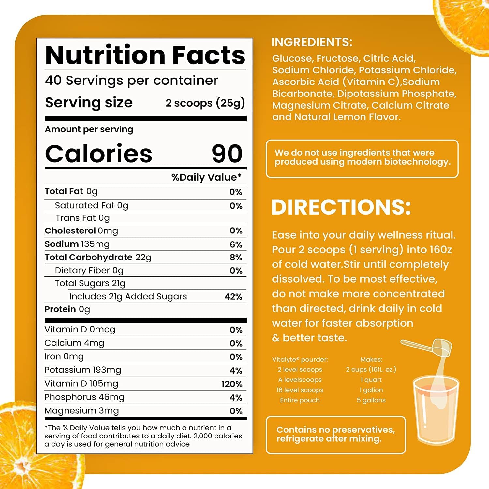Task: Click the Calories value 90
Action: [227, 154]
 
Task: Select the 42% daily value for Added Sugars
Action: [233, 297]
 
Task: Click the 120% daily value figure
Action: [231, 384]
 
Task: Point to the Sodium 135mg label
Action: [77, 244]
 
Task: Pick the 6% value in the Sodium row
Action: [236, 244]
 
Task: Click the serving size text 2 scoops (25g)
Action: [205, 103]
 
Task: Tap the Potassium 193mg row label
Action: [82, 370]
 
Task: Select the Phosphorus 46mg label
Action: [84, 397]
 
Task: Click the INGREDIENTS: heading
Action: [312, 42]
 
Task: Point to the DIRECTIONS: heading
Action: [341, 207]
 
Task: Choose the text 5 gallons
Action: [371, 400]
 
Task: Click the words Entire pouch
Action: [300, 400]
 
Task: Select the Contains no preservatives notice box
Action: [336, 435]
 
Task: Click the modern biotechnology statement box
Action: [362, 159]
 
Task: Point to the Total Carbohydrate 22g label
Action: [98, 258]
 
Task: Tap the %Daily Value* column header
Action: [206, 177]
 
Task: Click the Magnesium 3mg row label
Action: [81, 411]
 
